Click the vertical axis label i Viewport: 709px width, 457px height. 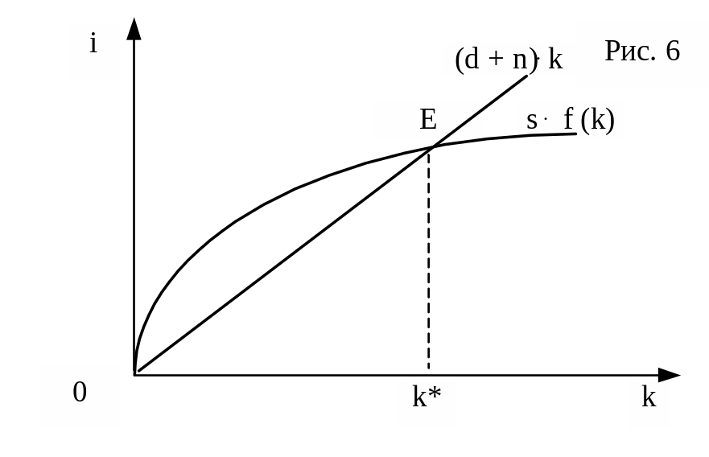pos(93,43)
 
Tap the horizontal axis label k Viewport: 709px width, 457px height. pos(649,397)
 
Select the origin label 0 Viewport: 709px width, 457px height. pos(80,393)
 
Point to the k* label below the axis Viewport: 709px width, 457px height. pos(426,397)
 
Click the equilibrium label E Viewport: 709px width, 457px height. pos(427,121)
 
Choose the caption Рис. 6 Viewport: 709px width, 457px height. pos(641,51)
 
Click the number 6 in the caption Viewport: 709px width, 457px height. pos(673,51)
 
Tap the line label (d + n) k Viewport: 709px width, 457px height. pos(509,60)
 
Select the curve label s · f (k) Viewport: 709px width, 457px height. pos(571,121)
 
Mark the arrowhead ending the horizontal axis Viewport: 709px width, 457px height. pos(670,375)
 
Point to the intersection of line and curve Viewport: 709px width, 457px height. pos(432,147)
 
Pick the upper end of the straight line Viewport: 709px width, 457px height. pos(527,76)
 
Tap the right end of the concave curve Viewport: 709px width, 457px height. pos(576,134)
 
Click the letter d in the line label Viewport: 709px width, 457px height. pos(473,60)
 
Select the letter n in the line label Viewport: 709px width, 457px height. pos(518,60)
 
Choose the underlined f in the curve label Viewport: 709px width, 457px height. pos(568,121)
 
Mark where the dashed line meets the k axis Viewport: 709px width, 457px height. pos(428,375)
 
